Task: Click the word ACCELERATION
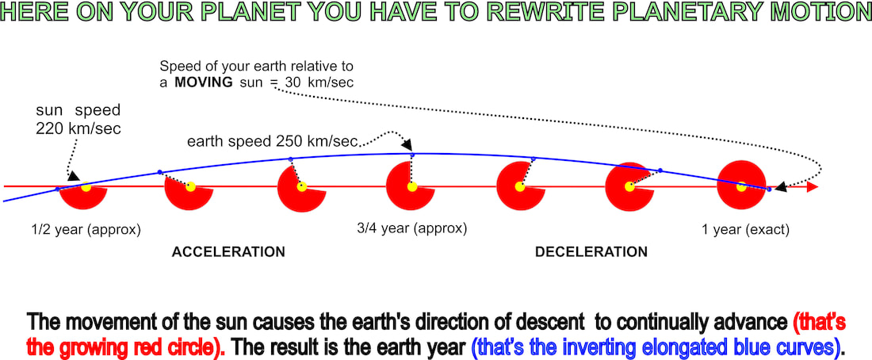228,252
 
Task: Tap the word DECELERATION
591,252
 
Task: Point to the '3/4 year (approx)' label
411,228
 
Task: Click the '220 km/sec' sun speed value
78,128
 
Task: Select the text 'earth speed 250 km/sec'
272,142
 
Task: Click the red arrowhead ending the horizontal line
813,187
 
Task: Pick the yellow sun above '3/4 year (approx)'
411,187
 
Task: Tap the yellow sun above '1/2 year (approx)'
86,187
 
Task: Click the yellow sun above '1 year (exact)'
741,187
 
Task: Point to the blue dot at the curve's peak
411,154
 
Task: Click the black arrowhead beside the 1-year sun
782,187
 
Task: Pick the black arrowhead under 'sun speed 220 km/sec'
73,176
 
